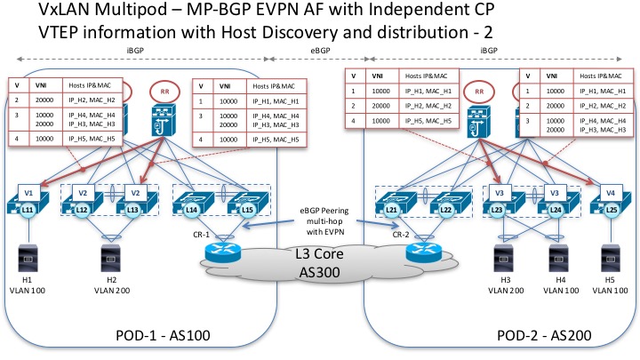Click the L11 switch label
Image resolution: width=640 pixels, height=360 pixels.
28,208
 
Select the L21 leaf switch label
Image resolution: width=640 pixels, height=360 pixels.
391,209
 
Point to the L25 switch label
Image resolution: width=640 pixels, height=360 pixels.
612,209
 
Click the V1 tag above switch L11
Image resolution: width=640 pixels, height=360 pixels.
28,191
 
